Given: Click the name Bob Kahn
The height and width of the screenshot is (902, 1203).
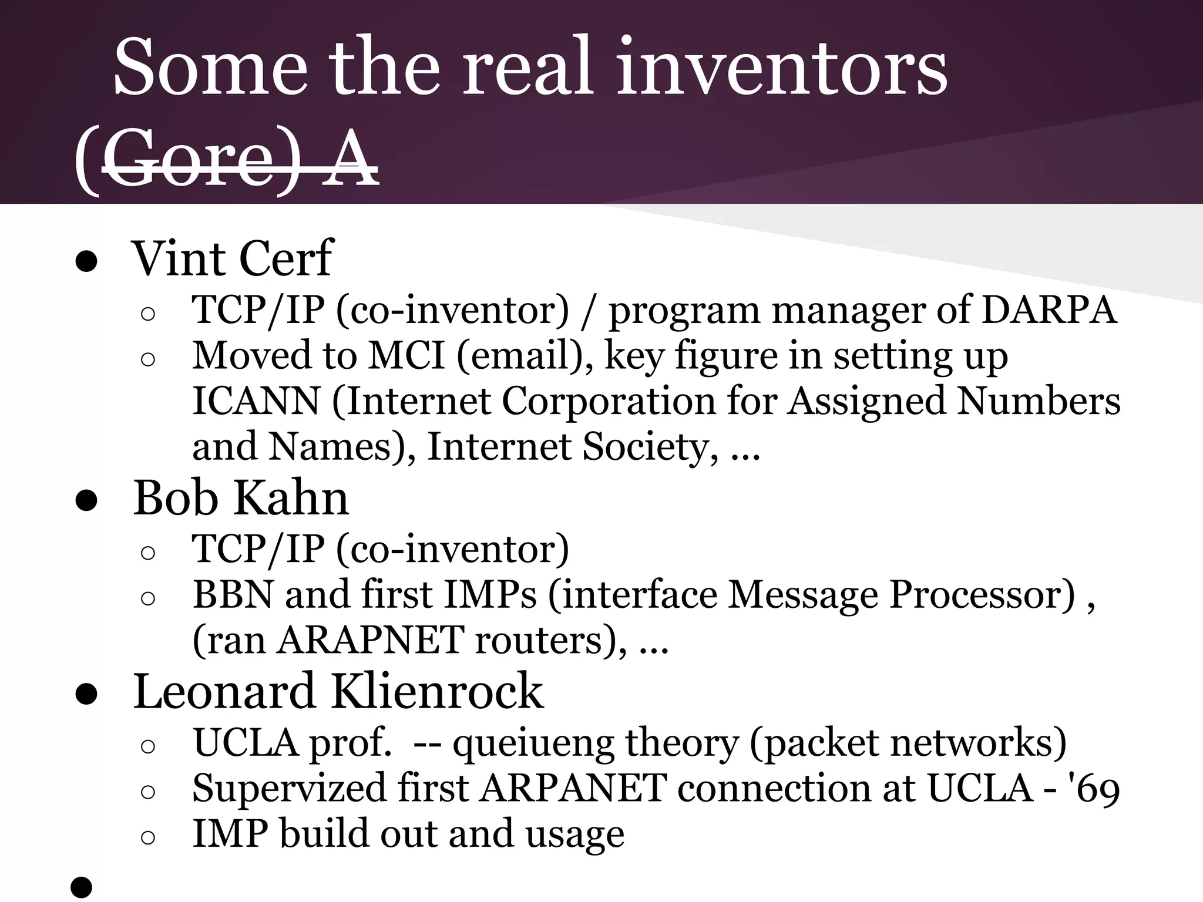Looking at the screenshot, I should click(241, 498).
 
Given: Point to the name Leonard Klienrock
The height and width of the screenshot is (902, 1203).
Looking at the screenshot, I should click(338, 691).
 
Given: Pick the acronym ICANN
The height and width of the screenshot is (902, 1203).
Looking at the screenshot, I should click(256, 401).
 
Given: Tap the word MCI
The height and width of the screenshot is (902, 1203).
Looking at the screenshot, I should click(406, 356).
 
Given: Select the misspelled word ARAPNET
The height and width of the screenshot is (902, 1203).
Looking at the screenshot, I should click(371, 640).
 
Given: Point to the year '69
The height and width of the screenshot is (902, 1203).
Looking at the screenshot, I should click(1096, 789).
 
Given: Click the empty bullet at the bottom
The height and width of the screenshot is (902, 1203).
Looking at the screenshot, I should click(82, 887).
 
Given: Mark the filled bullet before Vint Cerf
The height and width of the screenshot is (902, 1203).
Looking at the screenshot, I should click(86, 262).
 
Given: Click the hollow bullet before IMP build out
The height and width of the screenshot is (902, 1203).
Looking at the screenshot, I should click(148, 837).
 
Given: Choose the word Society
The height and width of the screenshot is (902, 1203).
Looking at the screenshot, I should click(650, 447).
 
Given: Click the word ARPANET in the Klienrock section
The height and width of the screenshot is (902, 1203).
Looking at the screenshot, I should click(573, 789).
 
